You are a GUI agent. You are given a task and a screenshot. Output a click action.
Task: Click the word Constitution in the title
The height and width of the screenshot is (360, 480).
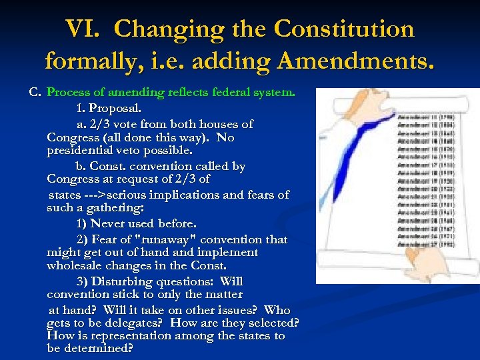(344, 29)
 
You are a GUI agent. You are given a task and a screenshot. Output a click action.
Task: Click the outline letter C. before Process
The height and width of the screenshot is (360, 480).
(35, 92)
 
